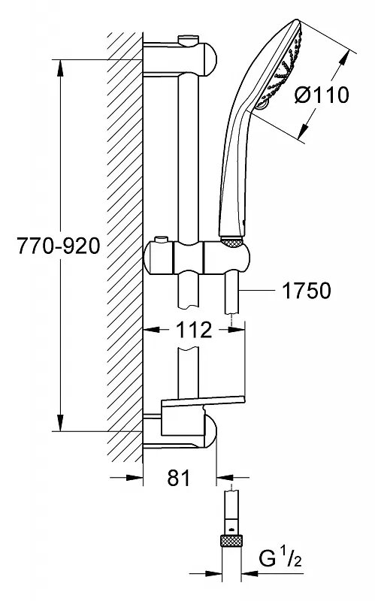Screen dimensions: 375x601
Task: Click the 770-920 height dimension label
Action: (59, 246)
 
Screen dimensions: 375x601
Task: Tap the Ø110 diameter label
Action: (322, 95)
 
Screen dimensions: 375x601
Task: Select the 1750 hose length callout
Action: (307, 290)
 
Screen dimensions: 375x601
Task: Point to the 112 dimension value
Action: (195, 330)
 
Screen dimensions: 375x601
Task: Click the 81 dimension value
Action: (179, 478)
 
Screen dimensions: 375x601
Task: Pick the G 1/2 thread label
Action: (280, 560)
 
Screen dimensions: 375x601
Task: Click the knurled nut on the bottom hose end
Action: (231, 542)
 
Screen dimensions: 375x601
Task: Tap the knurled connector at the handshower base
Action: (232, 242)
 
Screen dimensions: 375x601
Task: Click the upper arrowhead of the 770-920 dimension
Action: (61, 70)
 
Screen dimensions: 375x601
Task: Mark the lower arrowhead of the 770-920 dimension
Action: (61, 421)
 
